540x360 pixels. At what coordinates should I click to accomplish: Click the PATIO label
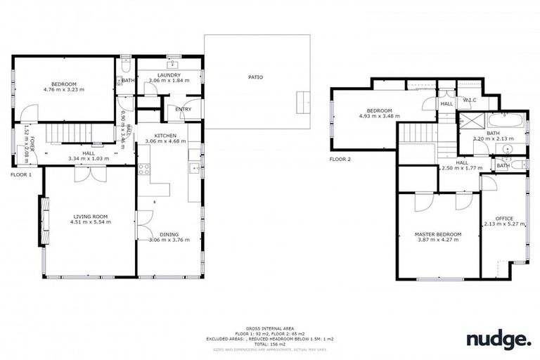(x=255, y=77)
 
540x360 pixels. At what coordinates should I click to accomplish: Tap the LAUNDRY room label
(x=169, y=75)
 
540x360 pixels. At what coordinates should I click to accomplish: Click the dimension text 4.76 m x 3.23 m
(x=63, y=90)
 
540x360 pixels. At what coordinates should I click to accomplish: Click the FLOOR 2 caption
(x=340, y=159)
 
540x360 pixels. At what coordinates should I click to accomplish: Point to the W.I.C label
(x=469, y=101)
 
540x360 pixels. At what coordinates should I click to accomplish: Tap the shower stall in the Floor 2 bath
(x=466, y=120)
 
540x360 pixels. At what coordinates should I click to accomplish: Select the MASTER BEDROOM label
(x=437, y=234)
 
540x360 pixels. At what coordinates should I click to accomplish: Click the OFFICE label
(x=504, y=219)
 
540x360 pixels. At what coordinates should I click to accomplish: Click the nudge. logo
(x=499, y=340)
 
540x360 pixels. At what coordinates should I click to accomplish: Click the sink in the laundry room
(x=172, y=63)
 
